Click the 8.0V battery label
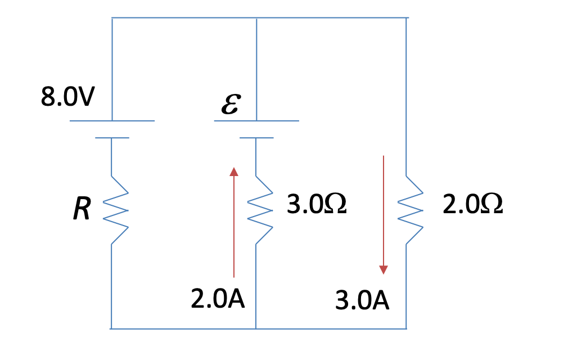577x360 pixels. [67, 97]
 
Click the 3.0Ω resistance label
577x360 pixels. [317, 205]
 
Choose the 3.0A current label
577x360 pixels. [362, 301]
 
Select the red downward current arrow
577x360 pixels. [384, 214]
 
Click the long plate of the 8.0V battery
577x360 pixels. [112, 120]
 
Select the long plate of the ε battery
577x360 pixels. [256, 120]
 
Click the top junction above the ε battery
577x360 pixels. [256, 18]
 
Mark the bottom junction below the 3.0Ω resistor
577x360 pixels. [256, 328]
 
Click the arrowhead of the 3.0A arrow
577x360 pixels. [384, 269]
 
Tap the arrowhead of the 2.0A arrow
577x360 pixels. [234, 171]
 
